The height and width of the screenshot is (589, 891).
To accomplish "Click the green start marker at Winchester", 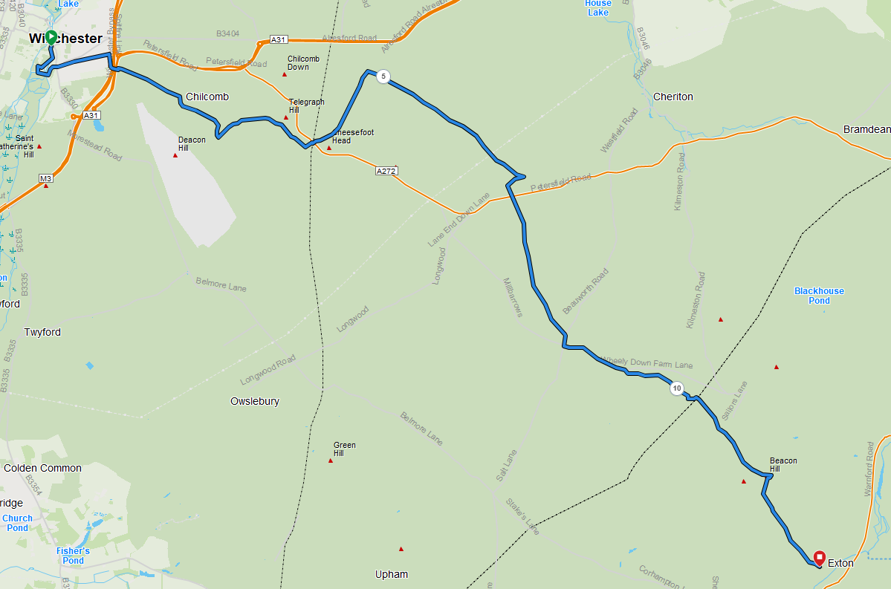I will [x=51, y=36].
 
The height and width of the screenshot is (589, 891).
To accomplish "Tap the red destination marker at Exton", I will [x=819, y=557].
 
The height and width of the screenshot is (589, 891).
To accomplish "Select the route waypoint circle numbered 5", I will [x=383, y=77].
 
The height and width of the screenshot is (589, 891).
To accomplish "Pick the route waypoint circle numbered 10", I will [x=676, y=388].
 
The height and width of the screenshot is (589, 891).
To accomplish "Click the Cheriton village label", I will [x=673, y=97].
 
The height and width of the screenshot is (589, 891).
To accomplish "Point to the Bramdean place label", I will [x=866, y=129].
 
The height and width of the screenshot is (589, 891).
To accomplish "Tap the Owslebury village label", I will [x=255, y=401].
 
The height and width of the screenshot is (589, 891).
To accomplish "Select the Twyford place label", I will [x=42, y=332].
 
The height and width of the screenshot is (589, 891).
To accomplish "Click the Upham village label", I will [x=392, y=574].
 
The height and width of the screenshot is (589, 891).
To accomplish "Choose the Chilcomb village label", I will [x=207, y=97].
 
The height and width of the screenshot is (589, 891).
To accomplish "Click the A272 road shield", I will [x=386, y=171].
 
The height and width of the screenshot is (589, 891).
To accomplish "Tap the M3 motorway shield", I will [x=46, y=178].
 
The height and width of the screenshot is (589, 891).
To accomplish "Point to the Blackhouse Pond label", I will [x=819, y=296].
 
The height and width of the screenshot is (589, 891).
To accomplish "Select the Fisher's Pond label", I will [x=73, y=556].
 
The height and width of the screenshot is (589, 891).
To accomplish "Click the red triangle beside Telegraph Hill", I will [x=285, y=117].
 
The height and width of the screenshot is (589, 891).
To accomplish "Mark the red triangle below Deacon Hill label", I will [x=175, y=155].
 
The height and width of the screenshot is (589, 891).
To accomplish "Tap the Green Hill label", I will [x=344, y=449].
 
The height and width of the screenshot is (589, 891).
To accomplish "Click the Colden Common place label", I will [x=42, y=468].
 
